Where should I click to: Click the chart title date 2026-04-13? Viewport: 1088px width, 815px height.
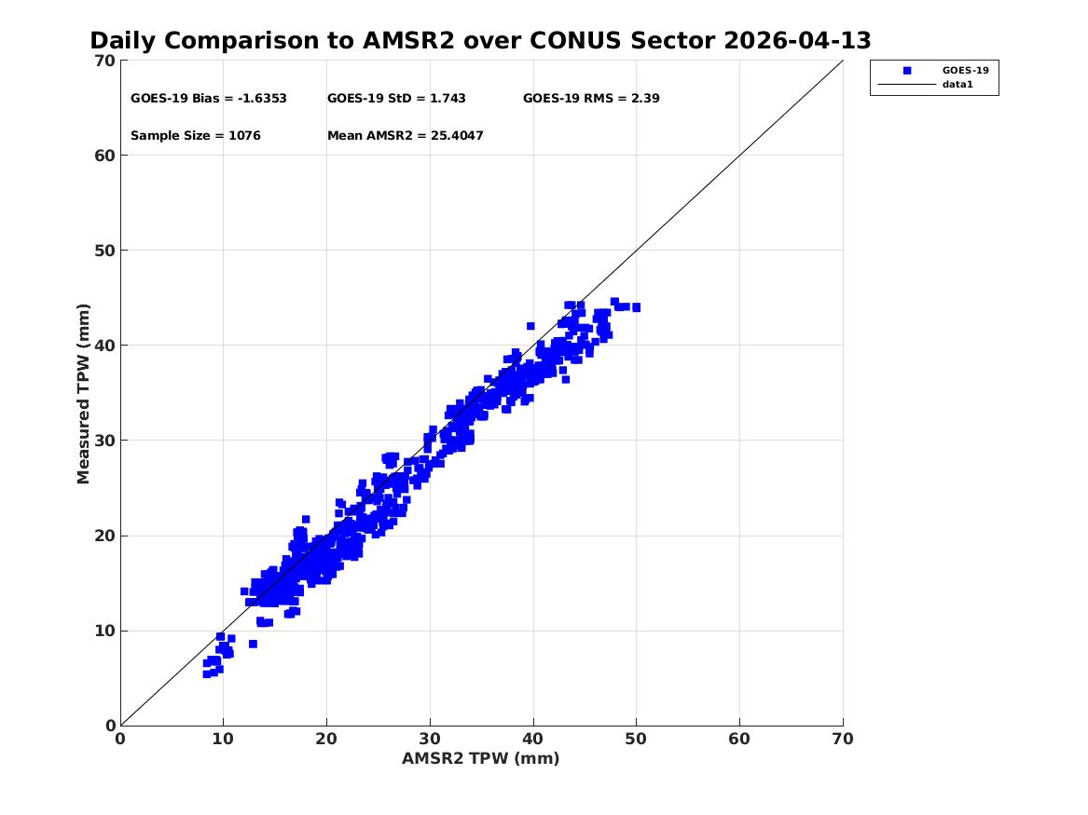797,41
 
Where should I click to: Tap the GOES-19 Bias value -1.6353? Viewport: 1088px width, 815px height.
262,99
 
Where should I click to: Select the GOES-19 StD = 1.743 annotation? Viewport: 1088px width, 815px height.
396,99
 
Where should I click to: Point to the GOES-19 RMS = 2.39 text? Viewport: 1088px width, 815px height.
591,99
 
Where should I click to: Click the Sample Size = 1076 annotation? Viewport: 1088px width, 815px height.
196,136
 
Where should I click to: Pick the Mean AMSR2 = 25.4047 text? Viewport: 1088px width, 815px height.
406,136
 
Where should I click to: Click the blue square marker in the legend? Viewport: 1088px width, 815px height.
907,71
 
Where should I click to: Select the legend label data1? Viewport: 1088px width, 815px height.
957,85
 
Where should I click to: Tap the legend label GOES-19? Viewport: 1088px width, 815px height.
965,71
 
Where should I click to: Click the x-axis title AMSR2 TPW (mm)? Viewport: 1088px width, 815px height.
480,758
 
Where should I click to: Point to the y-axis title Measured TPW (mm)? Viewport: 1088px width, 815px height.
83,394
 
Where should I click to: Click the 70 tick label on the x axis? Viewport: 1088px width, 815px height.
843,739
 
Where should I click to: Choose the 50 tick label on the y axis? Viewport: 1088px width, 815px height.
104,251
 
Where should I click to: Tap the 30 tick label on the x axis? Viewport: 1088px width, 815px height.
430,739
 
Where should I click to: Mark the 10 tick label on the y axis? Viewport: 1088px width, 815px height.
104,631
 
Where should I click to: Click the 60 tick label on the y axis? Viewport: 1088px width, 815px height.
104,156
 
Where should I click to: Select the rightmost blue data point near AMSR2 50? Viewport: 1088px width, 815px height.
636,307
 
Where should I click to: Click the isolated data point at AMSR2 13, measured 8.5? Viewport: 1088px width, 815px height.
253,645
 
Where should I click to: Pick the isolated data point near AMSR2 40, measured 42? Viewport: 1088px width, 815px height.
530,326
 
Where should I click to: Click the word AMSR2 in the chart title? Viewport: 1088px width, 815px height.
408,41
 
